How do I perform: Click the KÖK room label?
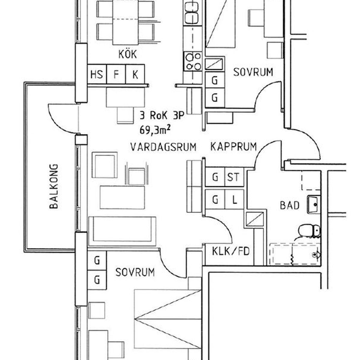click(x=127, y=54)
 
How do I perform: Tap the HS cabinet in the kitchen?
click(x=97, y=74)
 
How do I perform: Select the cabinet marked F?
click(x=116, y=74)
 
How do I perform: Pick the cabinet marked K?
click(x=135, y=74)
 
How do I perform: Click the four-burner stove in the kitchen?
click(x=193, y=61)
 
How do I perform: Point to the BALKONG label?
click(x=54, y=186)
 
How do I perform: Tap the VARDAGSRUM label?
click(x=163, y=147)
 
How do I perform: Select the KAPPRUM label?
click(x=233, y=146)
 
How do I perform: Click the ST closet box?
click(x=234, y=177)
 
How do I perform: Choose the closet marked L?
click(x=234, y=199)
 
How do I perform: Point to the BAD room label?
click(x=289, y=205)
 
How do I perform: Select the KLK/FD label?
click(x=231, y=251)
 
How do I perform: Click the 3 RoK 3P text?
click(x=162, y=115)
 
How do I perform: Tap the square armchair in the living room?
click(x=105, y=165)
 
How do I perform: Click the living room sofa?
click(x=122, y=231)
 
